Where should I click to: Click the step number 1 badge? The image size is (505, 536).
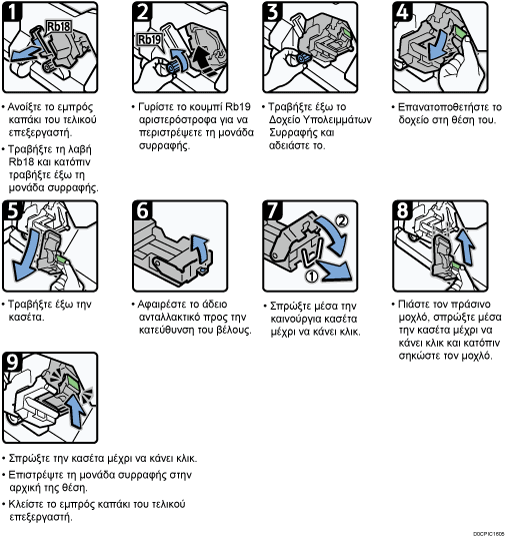click(12, 12)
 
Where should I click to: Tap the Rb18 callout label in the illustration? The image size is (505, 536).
click(58, 27)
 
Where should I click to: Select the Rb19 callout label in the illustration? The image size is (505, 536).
click(149, 40)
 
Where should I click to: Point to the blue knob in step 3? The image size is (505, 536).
click(303, 58)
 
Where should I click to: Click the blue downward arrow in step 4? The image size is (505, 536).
click(437, 45)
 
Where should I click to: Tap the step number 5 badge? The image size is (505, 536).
click(13, 211)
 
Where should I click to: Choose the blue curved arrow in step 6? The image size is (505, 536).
click(201, 248)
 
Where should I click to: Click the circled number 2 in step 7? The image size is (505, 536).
click(342, 220)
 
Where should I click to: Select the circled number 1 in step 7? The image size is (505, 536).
click(311, 276)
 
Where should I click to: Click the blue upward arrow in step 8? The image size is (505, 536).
click(466, 247)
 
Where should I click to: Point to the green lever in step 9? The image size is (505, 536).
click(73, 383)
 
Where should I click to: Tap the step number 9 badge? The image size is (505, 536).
click(12, 362)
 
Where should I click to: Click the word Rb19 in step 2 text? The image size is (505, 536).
click(238, 107)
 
